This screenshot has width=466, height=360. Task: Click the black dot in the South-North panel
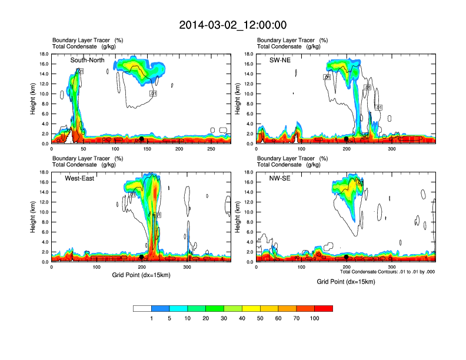click(142, 139)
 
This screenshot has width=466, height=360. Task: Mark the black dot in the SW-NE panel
click(346, 139)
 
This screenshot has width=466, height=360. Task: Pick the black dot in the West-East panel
click(142, 257)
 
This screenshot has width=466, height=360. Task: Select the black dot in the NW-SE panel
click(346, 257)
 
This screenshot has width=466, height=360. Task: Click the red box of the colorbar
click(324, 308)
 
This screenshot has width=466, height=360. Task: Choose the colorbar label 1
click(152, 318)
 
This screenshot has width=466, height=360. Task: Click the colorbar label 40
click(242, 318)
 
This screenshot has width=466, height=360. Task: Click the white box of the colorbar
click(142, 308)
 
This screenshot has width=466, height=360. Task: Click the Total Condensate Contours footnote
click(387, 272)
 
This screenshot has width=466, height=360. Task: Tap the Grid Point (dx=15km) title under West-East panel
click(141, 275)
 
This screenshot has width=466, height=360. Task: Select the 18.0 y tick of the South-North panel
click(44, 54)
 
